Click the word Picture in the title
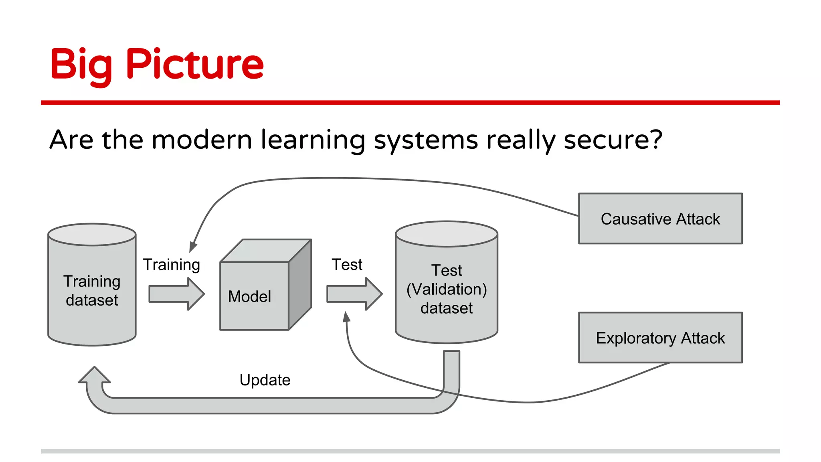tap(195, 64)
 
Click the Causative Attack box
tap(660, 219)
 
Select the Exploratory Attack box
tap(660, 338)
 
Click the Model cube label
tap(249, 296)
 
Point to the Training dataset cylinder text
tap(92, 290)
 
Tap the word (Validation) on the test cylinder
tap(446, 289)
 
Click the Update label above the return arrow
tap(265, 380)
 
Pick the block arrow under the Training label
tap(176, 294)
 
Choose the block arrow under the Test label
tap(354, 294)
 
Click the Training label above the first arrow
tap(171, 265)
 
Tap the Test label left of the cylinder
tap(346, 265)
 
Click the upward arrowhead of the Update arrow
tap(95, 375)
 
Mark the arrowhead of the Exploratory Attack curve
tap(347, 317)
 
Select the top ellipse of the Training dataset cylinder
tap(92, 235)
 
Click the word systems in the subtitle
tap(426, 140)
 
